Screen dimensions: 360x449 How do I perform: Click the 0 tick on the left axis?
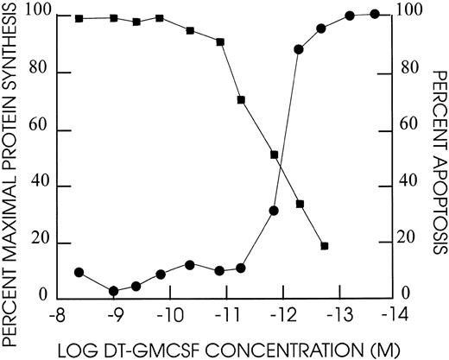point(44,297)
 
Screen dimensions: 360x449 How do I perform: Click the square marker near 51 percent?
point(274,155)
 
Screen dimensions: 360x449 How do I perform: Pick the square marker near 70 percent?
point(241,100)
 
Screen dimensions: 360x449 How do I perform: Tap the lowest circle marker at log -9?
point(113,291)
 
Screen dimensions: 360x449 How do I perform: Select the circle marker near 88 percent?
point(299,49)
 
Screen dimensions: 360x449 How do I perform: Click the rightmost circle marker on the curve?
point(375,14)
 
